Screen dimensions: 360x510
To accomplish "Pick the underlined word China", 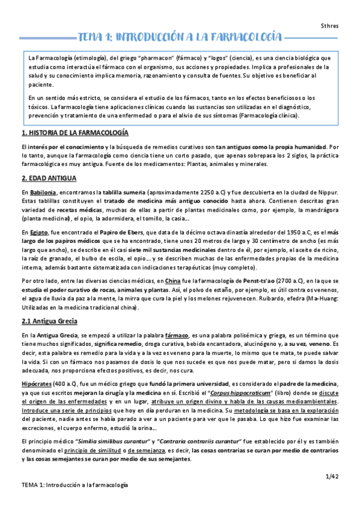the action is coord(172,281).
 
